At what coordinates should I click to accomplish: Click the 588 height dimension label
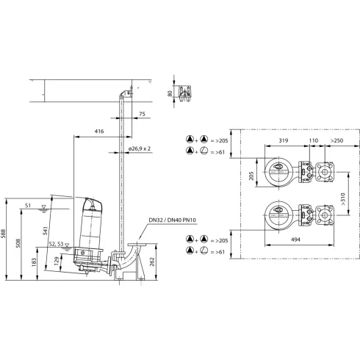(x=3, y=234)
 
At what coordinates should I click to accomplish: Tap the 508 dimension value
(x=18, y=243)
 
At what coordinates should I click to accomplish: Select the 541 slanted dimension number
(x=46, y=231)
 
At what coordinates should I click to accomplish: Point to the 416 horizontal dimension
(x=99, y=132)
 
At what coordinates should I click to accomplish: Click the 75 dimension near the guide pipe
(x=142, y=114)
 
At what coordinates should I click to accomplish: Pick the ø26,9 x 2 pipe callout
(x=140, y=148)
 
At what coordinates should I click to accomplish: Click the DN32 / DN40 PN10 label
(x=173, y=220)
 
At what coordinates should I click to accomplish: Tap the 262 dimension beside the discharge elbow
(x=152, y=262)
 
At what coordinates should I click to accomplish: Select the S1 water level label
(x=28, y=205)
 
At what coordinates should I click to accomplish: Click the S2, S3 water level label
(x=56, y=244)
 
